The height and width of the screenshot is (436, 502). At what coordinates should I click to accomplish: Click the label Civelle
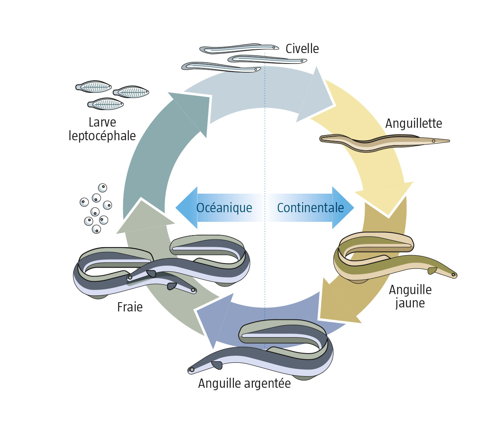coord(302,49)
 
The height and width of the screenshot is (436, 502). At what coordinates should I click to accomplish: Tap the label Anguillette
coord(413,123)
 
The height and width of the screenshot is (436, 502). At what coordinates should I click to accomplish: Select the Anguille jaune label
coord(410,296)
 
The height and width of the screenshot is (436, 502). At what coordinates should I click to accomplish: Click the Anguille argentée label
coord(244,384)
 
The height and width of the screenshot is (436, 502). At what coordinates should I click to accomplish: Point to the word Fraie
coord(130,307)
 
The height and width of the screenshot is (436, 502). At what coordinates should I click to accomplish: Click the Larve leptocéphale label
coord(102,129)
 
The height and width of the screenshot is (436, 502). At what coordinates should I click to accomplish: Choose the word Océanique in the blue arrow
coord(224,208)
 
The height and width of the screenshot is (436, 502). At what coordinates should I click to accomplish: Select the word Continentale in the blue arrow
coord(310,208)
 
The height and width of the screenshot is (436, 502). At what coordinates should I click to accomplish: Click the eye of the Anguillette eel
coord(434,141)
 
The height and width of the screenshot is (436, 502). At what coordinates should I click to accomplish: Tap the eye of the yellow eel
coord(453,275)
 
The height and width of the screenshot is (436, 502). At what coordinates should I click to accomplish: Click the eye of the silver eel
coord(192,370)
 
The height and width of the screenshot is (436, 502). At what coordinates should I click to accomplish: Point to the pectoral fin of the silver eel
coord(217,365)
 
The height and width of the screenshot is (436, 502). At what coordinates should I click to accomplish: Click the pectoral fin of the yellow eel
coord(432,270)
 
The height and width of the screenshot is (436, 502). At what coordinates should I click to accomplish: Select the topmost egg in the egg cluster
coord(103,188)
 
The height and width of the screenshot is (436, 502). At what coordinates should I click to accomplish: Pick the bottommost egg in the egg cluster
coord(96,229)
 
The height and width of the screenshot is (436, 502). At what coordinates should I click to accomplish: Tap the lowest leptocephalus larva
coord(105,104)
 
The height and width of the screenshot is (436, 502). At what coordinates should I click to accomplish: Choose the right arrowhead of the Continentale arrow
coord(343,208)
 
